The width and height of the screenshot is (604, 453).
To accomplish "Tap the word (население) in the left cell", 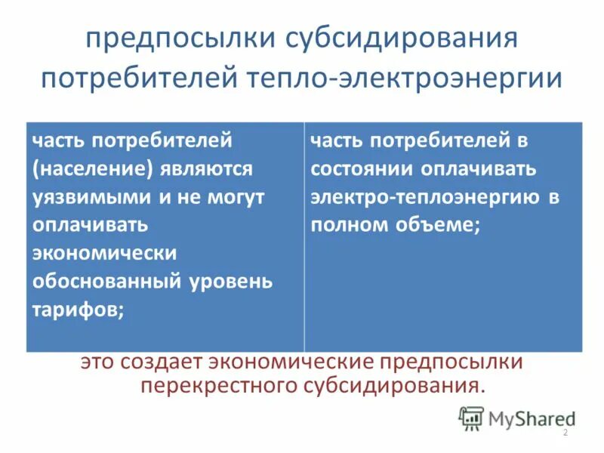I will [91, 168].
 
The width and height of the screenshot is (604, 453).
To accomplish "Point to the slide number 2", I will [565, 433].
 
